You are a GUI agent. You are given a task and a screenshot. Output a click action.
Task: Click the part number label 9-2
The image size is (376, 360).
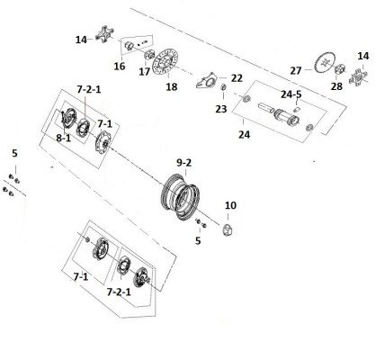184,163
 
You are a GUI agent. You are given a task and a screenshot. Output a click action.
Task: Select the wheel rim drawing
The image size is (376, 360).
180,196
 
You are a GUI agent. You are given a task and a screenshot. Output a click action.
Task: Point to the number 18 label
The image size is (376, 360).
172,87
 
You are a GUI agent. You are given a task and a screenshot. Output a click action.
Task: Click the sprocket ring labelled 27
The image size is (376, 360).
325,63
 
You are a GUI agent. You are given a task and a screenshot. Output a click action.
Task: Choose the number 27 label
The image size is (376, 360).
296,71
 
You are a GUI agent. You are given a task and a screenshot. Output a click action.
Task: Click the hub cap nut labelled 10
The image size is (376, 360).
228,230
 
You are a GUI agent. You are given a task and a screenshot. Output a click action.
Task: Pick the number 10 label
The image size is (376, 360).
230,205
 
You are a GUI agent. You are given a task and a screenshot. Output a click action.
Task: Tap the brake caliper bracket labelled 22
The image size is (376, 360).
206,80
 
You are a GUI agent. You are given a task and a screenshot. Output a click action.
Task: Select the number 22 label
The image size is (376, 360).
237,78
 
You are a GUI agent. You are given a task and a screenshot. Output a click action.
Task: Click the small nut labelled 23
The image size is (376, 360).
223,87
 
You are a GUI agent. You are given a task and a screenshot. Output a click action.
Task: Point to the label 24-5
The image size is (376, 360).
291,94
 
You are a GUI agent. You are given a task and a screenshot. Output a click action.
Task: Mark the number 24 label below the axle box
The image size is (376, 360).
244,135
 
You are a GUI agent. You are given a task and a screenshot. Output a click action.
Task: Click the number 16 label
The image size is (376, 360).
120,67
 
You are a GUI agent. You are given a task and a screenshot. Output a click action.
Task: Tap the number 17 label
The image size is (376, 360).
144,72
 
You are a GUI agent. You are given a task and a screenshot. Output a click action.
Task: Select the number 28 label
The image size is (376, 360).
336,86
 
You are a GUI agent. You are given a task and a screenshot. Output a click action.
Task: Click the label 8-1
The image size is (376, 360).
64,138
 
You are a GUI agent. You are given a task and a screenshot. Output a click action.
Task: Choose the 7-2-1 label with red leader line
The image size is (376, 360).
89,89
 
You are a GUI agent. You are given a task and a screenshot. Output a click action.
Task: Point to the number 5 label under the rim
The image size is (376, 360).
198,240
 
